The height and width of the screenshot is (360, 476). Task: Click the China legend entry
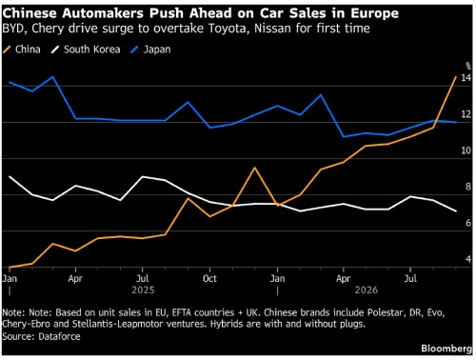tap(22, 50)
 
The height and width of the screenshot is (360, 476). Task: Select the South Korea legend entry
tap(86, 50)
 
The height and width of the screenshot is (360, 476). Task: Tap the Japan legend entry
tap(151, 50)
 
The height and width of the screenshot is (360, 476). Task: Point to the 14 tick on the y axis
tap(466, 78)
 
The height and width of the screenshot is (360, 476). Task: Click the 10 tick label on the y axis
tap(466, 150)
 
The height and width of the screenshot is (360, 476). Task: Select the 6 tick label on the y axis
tap(468, 223)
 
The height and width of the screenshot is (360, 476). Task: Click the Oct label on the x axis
tap(209, 279)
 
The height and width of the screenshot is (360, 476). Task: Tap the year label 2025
tap(143, 290)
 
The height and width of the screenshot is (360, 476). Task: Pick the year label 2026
tap(367, 290)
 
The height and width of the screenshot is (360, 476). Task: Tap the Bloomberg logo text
tap(446, 349)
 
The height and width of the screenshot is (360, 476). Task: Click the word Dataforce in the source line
tap(59, 336)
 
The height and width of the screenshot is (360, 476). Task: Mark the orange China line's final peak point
tap(456, 77)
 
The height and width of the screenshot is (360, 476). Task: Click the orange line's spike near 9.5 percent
tap(254, 168)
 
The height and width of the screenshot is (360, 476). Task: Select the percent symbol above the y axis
tap(468, 66)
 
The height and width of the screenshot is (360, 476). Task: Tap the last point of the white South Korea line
tap(456, 211)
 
